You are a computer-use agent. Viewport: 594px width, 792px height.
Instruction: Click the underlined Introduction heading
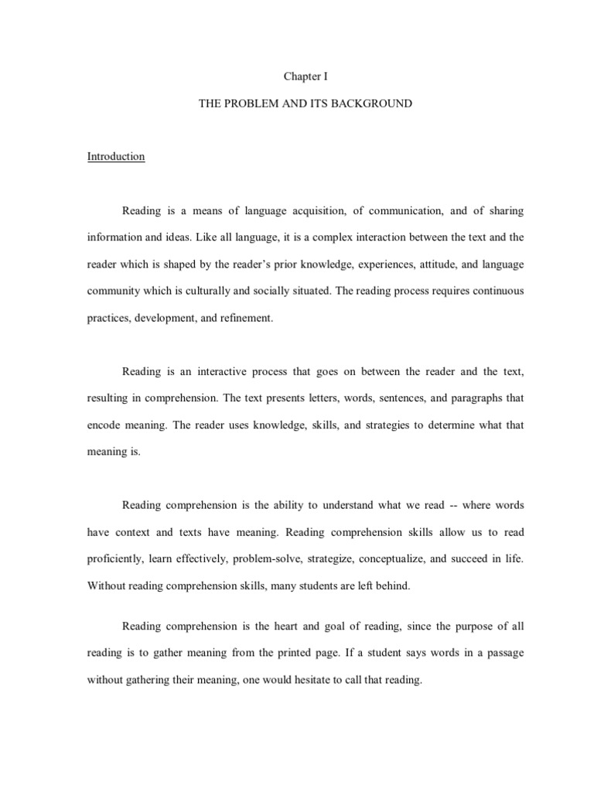click(x=116, y=156)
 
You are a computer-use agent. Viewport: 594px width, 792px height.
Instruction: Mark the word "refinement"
click(x=247, y=319)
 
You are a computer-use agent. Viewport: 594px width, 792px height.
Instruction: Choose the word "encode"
click(x=104, y=426)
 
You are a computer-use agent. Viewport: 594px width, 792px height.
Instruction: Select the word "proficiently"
click(x=115, y=559)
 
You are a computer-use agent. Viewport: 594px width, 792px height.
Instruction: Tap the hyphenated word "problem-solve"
click(x=269, y=559)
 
